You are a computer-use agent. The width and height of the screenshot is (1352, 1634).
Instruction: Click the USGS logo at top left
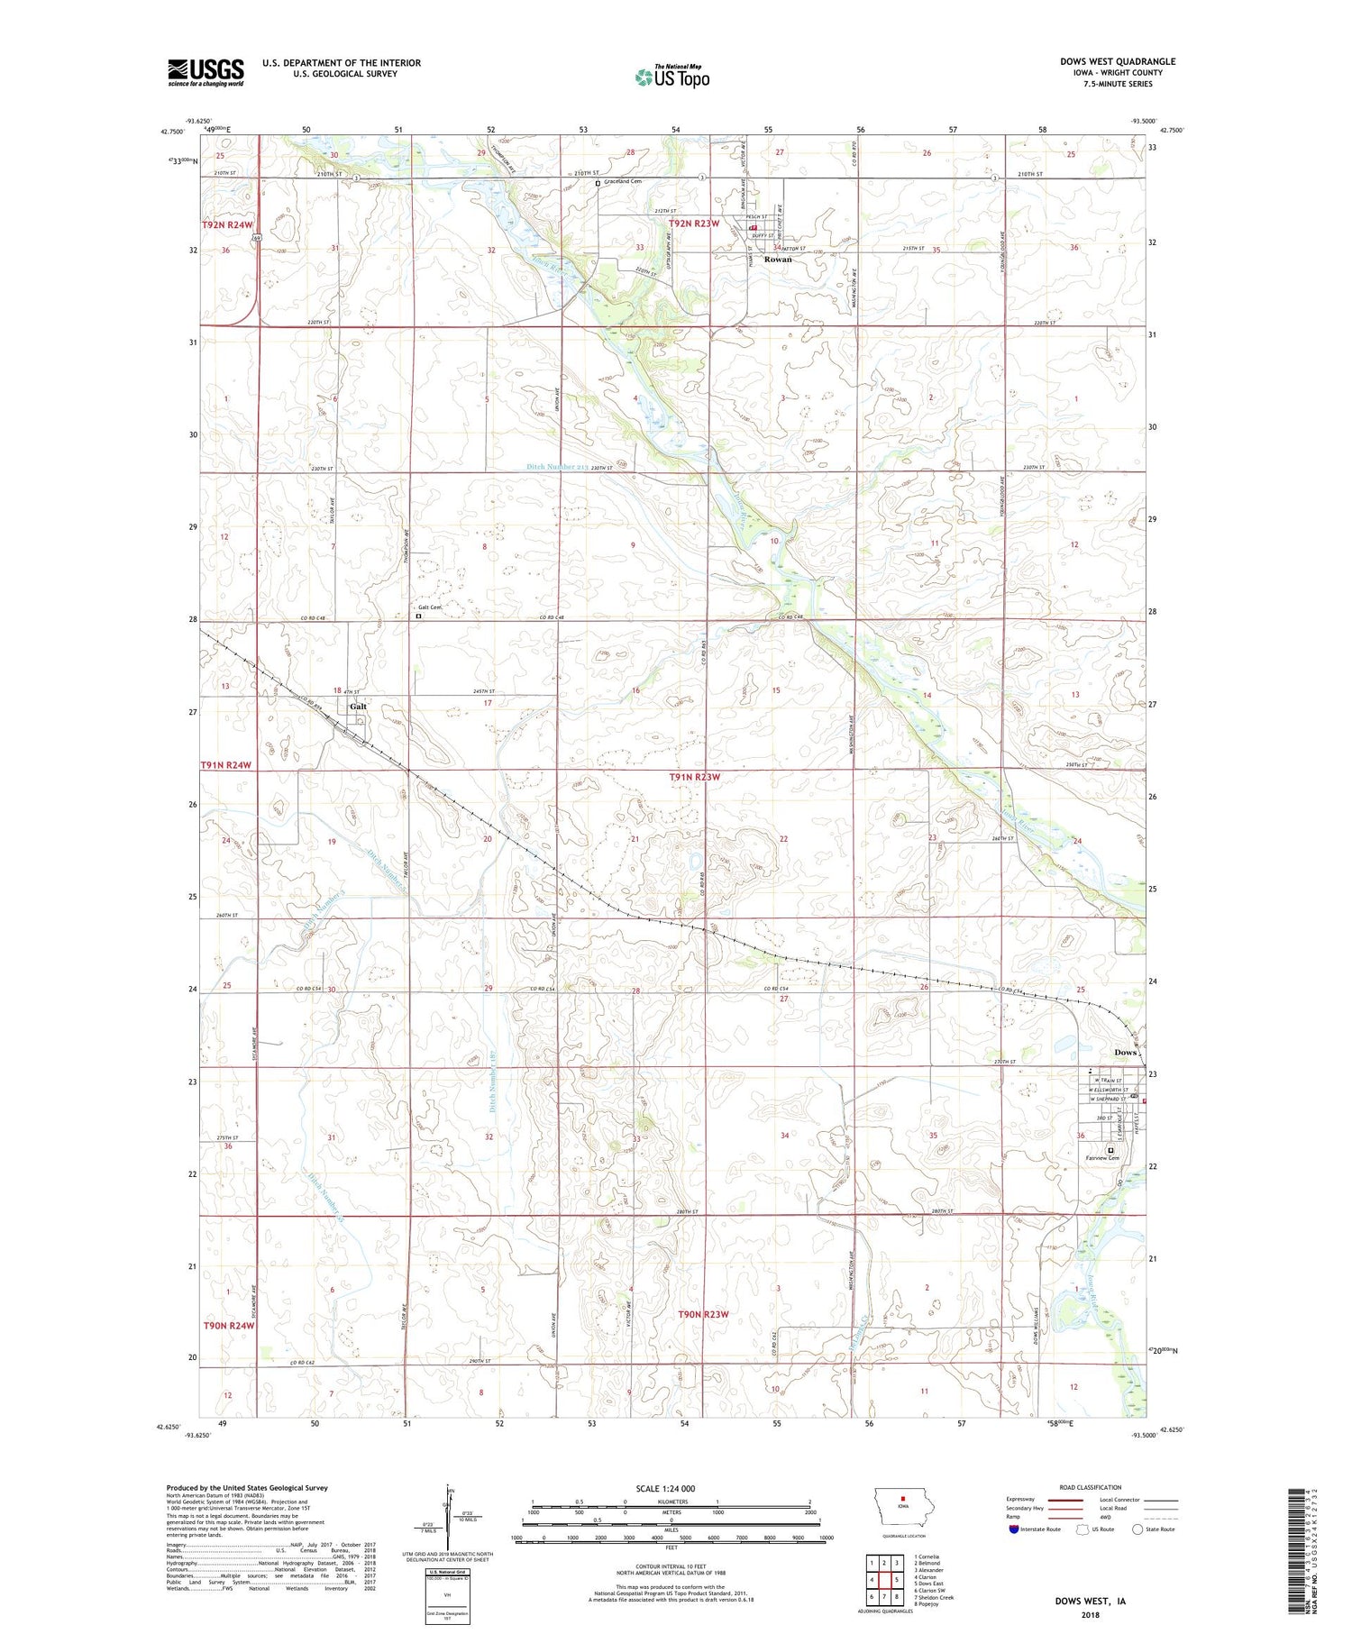coord(206,72)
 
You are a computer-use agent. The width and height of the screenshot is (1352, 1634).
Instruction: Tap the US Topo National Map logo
coord(671,77)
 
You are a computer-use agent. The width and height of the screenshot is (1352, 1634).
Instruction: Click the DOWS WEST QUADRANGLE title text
coord(1117,61)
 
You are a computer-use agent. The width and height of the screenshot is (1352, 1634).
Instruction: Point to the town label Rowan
coord(778,260)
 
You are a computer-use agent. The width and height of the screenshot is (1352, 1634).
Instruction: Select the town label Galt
coord(358,707)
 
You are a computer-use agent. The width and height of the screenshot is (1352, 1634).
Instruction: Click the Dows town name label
coord(1126,1053)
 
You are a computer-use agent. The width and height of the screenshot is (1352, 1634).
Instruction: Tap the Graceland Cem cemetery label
coord(623,182)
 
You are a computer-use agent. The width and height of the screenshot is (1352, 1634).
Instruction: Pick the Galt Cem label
coord(430,607)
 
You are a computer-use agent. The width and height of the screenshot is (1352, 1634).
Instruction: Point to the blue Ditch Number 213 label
coord(557,467)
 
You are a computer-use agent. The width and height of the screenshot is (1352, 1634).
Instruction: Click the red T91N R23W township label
coord(695,776)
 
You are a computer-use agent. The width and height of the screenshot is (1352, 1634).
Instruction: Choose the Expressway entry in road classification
coord(1020,1500)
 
